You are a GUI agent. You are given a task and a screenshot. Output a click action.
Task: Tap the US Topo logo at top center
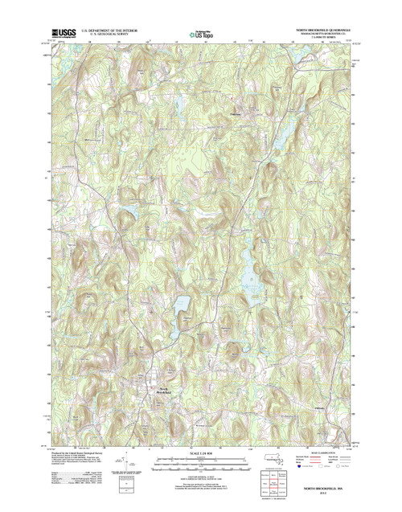coord(200,35)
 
